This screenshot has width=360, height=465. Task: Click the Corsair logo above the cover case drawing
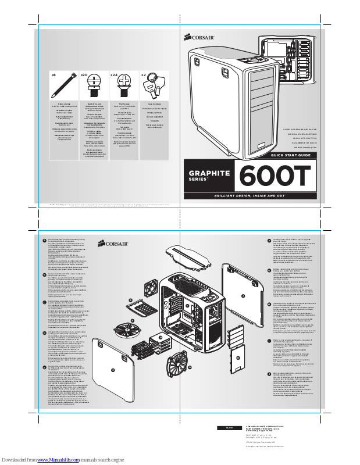(x=201, y=39)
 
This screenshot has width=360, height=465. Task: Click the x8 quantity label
(x=53, y=76)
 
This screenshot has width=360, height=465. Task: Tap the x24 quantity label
(x=114, y=76)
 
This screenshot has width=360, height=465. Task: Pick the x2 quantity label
(x=144, y=76)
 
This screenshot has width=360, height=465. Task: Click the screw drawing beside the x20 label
(x=94, y=87)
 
